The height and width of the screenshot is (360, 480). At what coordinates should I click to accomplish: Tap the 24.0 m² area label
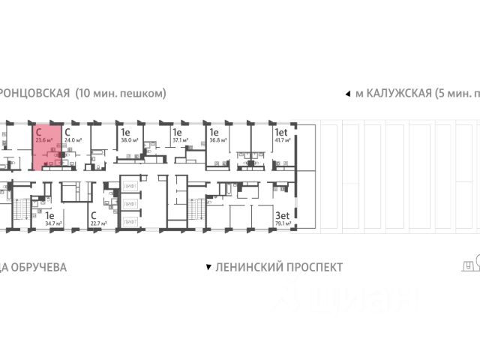click(73, 139)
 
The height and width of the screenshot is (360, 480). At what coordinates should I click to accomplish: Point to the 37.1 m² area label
click(179, 139)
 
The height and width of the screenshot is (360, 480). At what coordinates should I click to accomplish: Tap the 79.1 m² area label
click(284, 223)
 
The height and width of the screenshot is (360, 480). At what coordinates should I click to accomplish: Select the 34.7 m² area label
click(52, 223)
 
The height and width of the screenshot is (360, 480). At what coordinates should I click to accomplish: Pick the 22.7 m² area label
click(97, 223)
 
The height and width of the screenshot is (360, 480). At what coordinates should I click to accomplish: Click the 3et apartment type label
click(282, 214)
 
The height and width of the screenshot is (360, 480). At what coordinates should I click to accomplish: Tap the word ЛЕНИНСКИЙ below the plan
click(247, 267)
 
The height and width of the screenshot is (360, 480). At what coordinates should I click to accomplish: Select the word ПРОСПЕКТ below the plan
click(313, 267)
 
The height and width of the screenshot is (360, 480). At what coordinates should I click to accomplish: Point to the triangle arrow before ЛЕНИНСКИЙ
click(208, 267)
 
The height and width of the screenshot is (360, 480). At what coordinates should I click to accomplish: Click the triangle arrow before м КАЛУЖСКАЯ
click(347, 94)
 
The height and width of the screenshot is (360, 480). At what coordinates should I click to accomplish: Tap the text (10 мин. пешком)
click(120, 94)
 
